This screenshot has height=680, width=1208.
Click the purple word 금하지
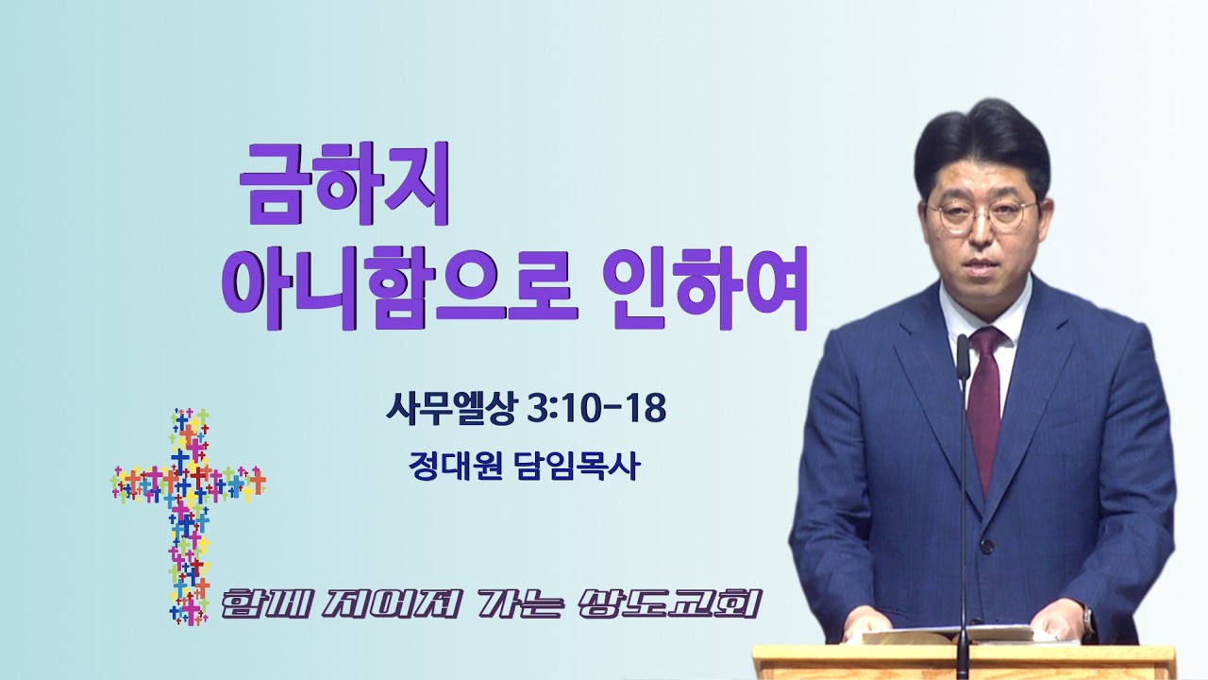pos(344,183)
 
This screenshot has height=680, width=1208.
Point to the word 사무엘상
pos(451,409)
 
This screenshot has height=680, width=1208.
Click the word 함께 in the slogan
pos(265,605)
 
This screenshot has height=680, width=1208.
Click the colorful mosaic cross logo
pos(188,516)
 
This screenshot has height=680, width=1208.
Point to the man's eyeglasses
pos(981,215)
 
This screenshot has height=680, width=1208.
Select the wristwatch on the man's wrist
pos(1087,622)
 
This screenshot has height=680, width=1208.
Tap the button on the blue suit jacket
pos(987,547)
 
